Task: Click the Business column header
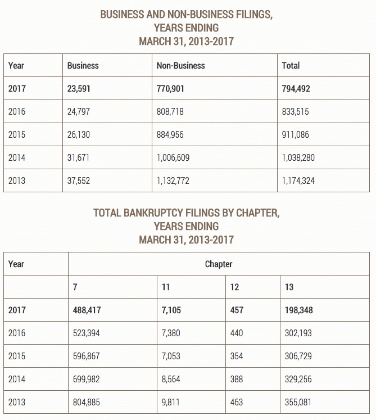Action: click(83, 66)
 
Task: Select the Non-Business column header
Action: click(180, 66)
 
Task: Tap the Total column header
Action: click(291, 66)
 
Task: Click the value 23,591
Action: click(79, 89)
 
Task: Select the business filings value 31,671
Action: click(78, 158)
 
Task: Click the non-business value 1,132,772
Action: click(173, 181)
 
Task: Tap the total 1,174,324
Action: click(298, 181)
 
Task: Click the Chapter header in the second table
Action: click(219, 264)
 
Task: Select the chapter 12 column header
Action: click(234, 287)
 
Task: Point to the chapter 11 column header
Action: click(166, 287)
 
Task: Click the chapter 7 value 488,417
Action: click(87, 310)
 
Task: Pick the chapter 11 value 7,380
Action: click(171, 333)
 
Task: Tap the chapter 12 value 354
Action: click(237, 356)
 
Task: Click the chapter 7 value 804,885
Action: click(87, 403)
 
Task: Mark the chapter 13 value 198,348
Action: click(299, 310)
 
